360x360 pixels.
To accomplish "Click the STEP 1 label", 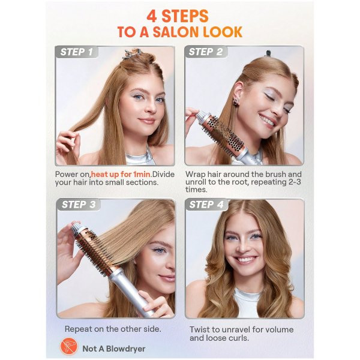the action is coord(76,52).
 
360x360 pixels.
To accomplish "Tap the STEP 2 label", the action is coord(205,52).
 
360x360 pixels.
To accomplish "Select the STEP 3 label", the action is coord(79,205).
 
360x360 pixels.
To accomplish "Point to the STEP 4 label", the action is coord(206,205).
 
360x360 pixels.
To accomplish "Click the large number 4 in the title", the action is coord(152,17).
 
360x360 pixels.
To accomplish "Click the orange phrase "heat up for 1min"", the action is coord(121,174).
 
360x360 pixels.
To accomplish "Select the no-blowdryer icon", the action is coord(68,346).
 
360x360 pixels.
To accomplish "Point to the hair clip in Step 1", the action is coord(131,54).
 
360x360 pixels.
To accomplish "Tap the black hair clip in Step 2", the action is coord(268,53).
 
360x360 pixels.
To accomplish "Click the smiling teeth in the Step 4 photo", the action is coord(245,260).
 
